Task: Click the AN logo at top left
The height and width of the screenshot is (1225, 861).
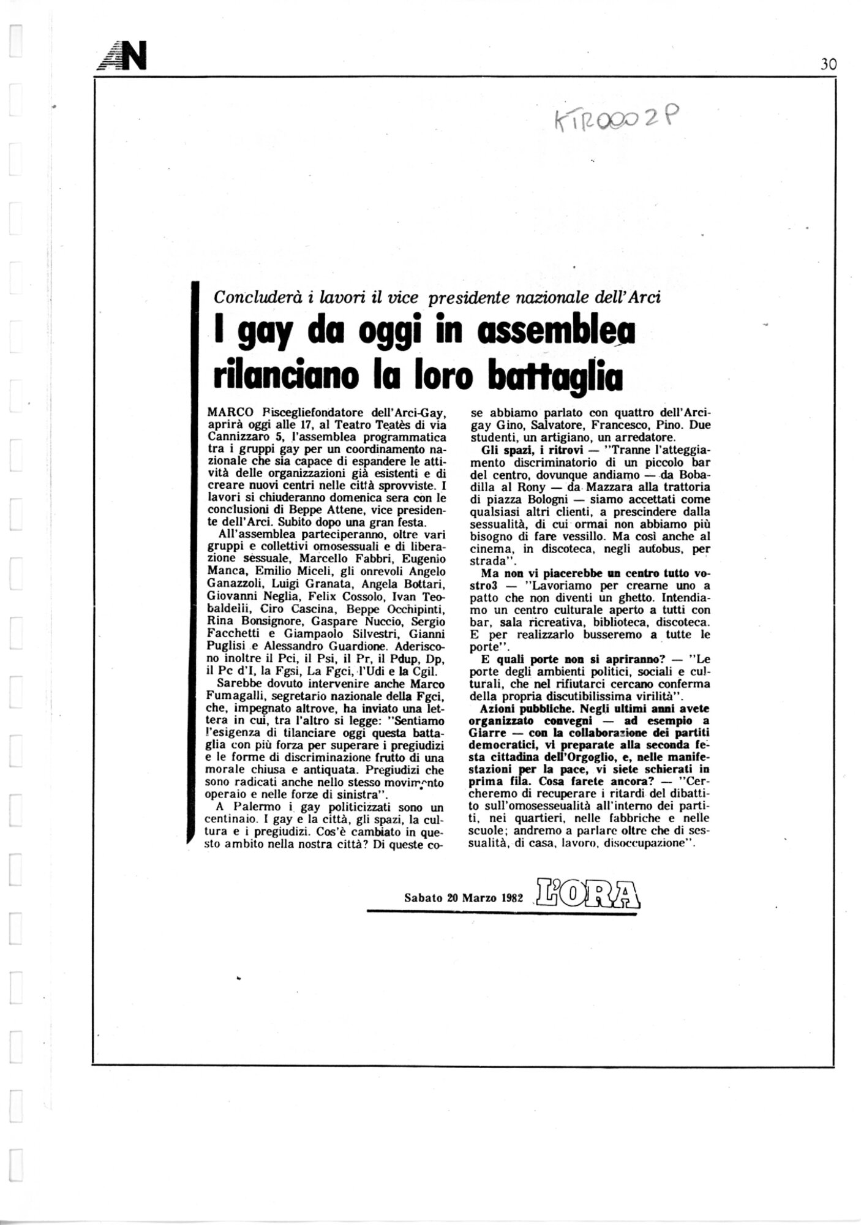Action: (x=121, y=59)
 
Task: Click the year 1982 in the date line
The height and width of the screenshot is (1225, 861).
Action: (x=510, y=898)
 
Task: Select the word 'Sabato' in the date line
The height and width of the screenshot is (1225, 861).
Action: (x=423, y=898)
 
